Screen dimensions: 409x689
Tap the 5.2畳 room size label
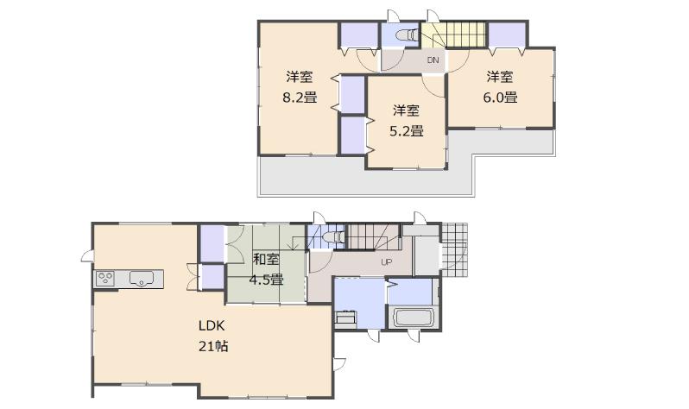pyautogui.click(x=407, y=131)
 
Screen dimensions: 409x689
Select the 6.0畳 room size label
pyautogui.click(x=500, y=98)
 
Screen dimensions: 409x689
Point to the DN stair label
pyautogui.click(x=433, y=60)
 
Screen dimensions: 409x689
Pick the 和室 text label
pyautogui.click(x=266, y=258)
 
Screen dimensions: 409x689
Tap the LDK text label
pyautogui.click(x=212, y=327)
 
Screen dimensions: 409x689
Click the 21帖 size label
pyautogui.click(x=213, y=347)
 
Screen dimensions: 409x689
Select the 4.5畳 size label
pyautogui.click(x=266, y=279)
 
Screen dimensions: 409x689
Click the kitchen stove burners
pyautogui.click(x=106, y=278)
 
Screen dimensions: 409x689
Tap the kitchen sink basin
pyautogui.click(x=142, y=278)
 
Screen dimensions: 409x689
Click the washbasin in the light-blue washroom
pyautogui.click(x=345, y=318)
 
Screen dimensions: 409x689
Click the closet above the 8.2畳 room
pyautogui.click(x=357, y=35)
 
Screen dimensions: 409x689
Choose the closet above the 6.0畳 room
pyautogui.click(x=509, y=35)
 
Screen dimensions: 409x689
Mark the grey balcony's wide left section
pyautogui.click(x=311, y=179)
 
